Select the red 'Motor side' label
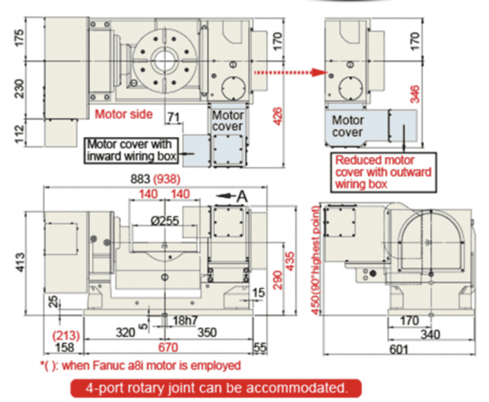click(x=124, y=114)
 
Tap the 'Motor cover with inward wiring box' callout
click(x=131, y=151)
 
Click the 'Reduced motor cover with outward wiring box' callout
click(x=383, y=172)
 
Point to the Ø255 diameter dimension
click(x=165, y=221)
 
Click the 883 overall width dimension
click(x=140, y=179)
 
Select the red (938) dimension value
click(x=167, y=179)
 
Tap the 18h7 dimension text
click(x=185, y=321)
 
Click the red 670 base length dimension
click(x=168, y=347)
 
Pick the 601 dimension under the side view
click(x=399, y=349)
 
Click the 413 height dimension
click(x=19, y=263)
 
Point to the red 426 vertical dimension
click(x=277, y=116)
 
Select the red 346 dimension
click(x=415, y=94)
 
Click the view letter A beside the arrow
click(x=242, y=197)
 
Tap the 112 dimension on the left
click(x=19, y=134)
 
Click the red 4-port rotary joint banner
click(x=216, y=388)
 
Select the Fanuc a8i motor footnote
click(x=140, y=365)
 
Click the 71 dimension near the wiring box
click(x=173, y=117)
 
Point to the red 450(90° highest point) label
click(x=316, y=261)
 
